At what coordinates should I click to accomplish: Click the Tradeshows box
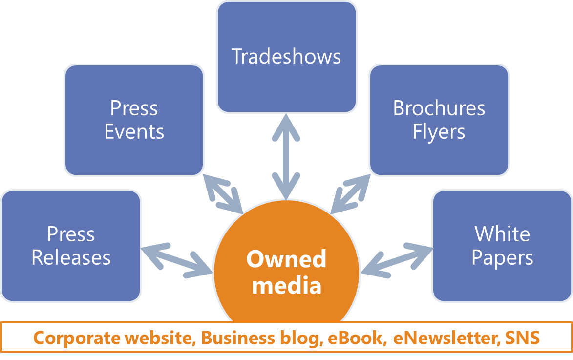287,57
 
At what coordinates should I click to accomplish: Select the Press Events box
134,120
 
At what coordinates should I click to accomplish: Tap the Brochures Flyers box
439,120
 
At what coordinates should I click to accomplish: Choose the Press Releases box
71,246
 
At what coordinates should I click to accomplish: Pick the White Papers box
502,246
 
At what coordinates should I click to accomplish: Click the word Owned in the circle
286,259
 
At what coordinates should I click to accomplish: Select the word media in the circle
287,285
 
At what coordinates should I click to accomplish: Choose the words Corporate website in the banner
114,338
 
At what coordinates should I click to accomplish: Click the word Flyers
439,132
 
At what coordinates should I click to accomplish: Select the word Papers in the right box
502,258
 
